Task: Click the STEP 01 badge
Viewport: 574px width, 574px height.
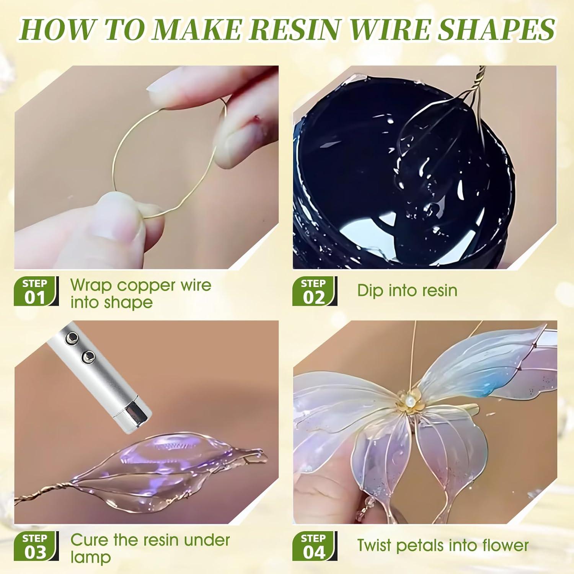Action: [36, 291]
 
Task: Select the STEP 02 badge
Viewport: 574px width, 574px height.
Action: [314, 291]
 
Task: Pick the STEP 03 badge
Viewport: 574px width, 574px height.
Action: [36, 546]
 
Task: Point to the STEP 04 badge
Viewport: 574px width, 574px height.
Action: [314, 546]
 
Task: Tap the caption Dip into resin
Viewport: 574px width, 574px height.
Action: [407, 290]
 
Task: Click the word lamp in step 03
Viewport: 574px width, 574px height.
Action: [91, 557]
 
